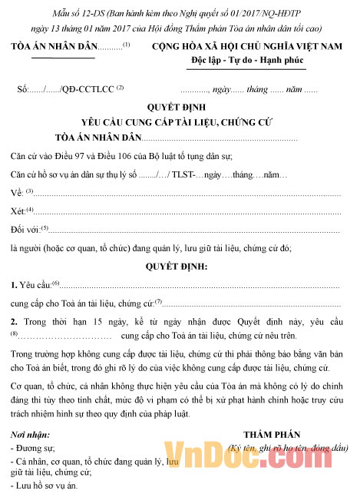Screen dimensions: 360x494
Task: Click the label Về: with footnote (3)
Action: pos(17,192)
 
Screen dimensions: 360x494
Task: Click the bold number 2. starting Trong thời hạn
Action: pos(15,320)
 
